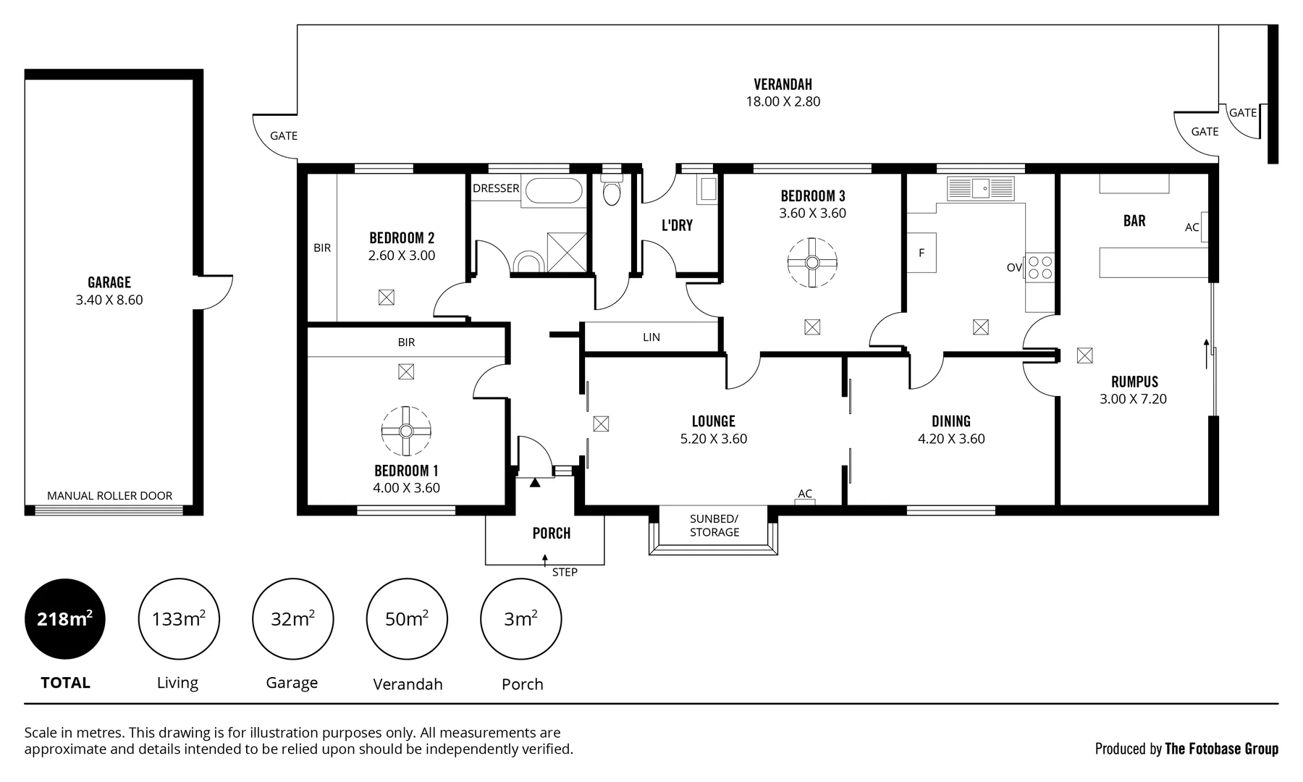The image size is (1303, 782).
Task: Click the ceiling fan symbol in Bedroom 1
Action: (406, 431)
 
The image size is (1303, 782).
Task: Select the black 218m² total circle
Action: (65, 619)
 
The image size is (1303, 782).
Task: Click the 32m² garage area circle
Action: (292, 619)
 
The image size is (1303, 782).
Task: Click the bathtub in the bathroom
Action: (553, 192)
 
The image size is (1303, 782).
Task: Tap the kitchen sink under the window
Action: (981, 189)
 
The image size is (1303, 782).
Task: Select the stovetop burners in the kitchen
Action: (1040, 267)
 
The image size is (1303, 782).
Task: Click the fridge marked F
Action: (922, 253)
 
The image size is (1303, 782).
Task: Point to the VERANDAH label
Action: (783, 85)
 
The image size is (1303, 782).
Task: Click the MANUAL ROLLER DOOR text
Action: (110, 496)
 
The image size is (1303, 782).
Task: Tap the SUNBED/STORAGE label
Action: (714, 526)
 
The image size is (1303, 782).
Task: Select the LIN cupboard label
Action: (651, 337)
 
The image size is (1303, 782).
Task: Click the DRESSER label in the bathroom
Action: (496, 188)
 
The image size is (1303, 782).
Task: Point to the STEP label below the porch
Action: (565, 572)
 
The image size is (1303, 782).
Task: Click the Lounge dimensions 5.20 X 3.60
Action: (714, 439)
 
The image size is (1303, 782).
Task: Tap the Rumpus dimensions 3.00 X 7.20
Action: (1134, 399)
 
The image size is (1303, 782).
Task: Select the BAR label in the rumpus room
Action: (1134, 221)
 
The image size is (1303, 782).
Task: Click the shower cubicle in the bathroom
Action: (567, 252)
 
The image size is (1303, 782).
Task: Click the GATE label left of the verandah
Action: (284, 135)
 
